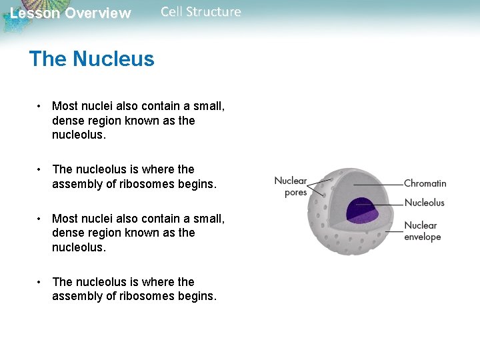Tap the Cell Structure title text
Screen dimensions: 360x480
[x=201, y=12]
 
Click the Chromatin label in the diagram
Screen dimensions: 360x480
[x=425, y=183]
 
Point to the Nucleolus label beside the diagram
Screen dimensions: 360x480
[x=424, y=203]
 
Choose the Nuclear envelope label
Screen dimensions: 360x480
[x=423, y=231]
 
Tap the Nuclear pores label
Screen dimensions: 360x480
[x=291, y=187]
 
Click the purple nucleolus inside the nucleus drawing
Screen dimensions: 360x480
[x=363, y=211]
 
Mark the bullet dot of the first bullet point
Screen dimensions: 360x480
[x=41, y=106]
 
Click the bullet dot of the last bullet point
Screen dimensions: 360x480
[x=41, y=282]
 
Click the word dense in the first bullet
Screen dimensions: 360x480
[x=67, y=121]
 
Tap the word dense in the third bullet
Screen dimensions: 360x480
[x=67, y=233]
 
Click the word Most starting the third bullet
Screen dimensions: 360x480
[x=65, y=219]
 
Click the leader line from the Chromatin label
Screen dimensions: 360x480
[x=378, y=184]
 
